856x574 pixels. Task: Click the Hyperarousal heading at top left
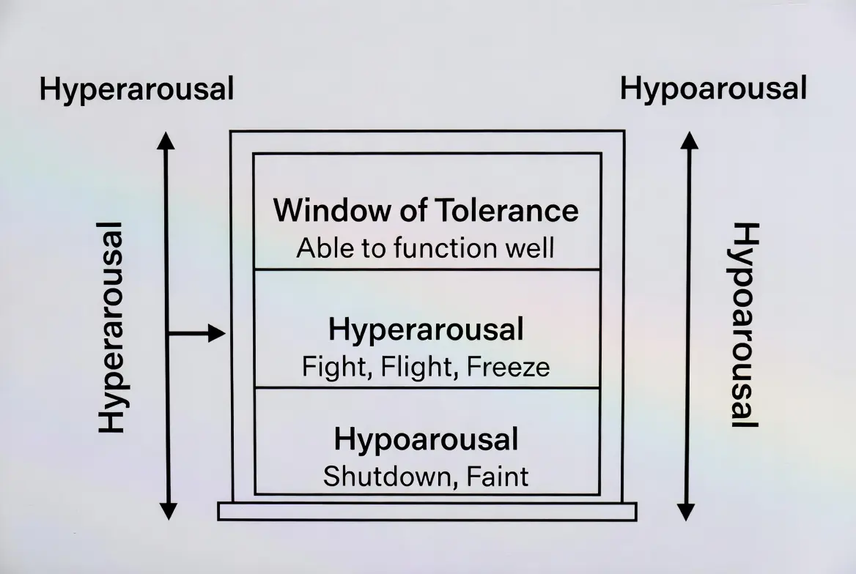tap(136, 90)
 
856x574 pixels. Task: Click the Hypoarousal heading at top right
tap(713, 89)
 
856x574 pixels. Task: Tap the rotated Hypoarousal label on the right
tap(745, 326)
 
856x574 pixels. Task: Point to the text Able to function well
tap(425, 248)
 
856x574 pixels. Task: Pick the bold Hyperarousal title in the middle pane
tap(426, 330)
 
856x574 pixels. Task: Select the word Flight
tap(403, 366)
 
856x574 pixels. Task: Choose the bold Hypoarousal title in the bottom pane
tap(426, 440)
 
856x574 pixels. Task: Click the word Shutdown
tap(380, 477)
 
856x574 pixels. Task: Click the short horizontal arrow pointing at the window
tap(196, 334)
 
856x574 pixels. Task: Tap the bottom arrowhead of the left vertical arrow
tap(168, 510)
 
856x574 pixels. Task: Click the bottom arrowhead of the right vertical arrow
tap(686, 511)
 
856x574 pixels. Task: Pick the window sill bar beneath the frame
tap(427, 511)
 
